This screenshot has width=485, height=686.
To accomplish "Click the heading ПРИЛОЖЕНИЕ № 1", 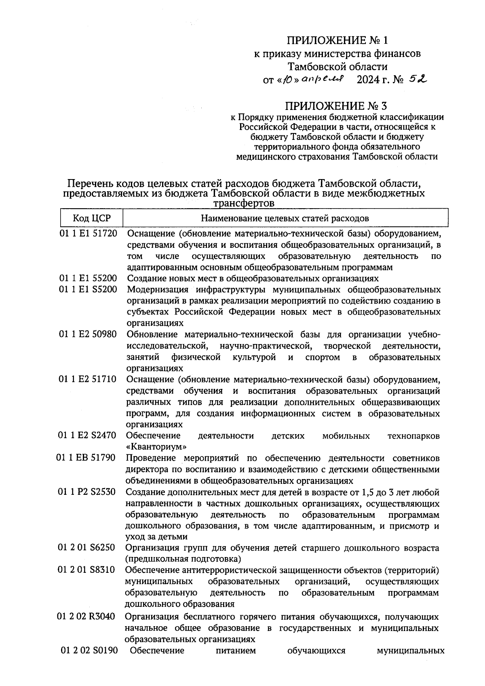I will click(337, 40).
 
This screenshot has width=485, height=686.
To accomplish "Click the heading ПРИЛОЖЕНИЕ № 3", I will click(336, 106).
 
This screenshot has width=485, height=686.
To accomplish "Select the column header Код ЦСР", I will click(92, 219).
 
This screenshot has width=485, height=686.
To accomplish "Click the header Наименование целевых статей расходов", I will click(285, 219).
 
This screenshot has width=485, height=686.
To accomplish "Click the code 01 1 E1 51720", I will click(88, 234).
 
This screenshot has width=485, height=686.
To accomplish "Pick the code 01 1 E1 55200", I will click(88, 279).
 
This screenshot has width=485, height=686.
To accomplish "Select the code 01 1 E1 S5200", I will click(88, 290).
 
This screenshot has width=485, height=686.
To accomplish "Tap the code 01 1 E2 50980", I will click(88, 335).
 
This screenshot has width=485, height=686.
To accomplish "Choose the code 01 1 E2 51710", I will click(88, 380).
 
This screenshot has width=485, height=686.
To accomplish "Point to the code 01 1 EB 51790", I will click(86, 458).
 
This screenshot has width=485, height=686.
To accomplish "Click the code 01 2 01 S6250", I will click(86, 548).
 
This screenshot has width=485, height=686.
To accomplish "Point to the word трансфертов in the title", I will click(244, 203).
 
